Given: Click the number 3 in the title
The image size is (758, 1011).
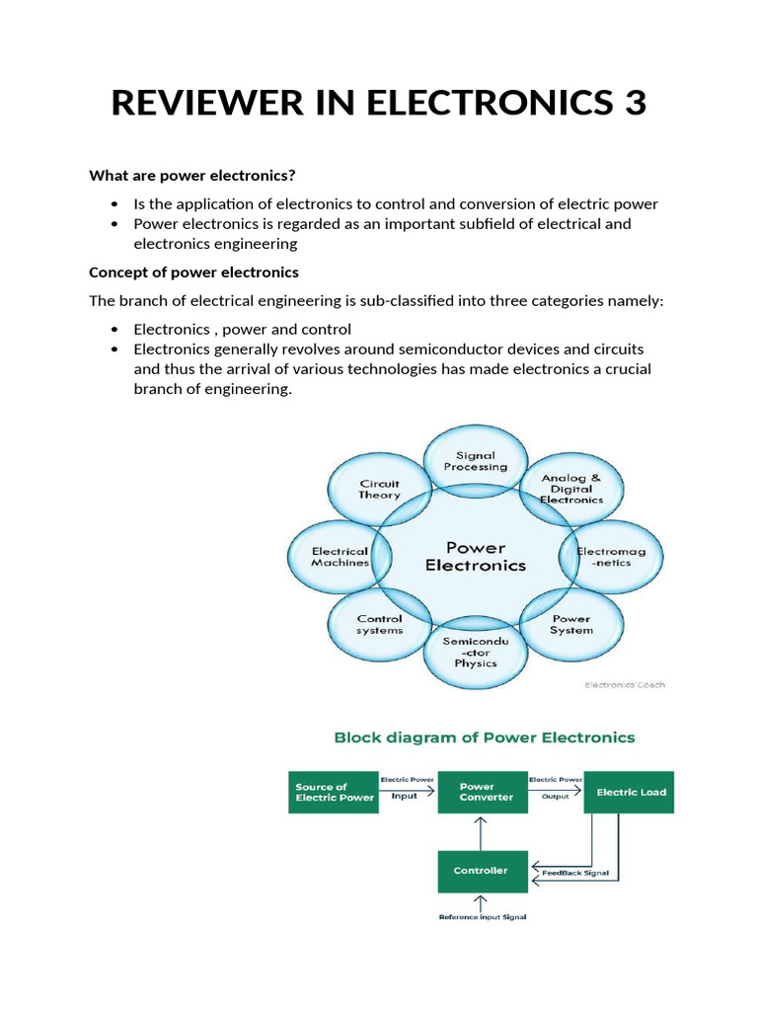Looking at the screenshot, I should pyautogui.click(x=632, y=103).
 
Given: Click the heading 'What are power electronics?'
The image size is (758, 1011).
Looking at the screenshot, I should pyautogui.click(x=192, y=176).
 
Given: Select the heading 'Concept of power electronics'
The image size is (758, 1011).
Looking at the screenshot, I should pyautogui.click(x=193, y=272).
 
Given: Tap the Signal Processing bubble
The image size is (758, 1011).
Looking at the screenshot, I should pyautogui.click(x=476, y=460).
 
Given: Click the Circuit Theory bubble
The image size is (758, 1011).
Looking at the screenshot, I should pyautogui.click(x=379, y=490).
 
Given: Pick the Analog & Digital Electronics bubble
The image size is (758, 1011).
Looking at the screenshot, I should pyautogui.click(x=571, y=489).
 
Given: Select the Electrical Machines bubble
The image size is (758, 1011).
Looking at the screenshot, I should pyautogui.click(x=340, y=557).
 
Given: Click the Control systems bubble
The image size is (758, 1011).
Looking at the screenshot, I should pyautogui.click(x=379, y=625).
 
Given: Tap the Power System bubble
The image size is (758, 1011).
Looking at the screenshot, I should pyautogui.click(x=571, y=625).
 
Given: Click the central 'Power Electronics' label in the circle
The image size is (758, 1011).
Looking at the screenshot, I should pyautogui.click(x=476, y=556).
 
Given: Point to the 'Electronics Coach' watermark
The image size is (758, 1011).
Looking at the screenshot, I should pyautogui.click(x=625, y=684).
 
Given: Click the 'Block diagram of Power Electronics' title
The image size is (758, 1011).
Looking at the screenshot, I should pyautogui.click(x=485, y=738).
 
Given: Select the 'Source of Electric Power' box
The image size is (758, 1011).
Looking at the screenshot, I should pyautogui.click(x=335, y=792).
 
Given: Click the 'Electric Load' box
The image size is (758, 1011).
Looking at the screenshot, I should pyautogui.click(x=630, y=792).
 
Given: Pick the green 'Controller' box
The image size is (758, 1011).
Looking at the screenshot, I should pyautogui.click(x=481, y=871).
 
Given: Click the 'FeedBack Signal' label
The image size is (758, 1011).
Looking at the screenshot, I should pyautogui.click(x=575, y=873).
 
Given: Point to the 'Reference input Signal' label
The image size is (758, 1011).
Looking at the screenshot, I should pyautogui.click(x=482, y=917).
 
